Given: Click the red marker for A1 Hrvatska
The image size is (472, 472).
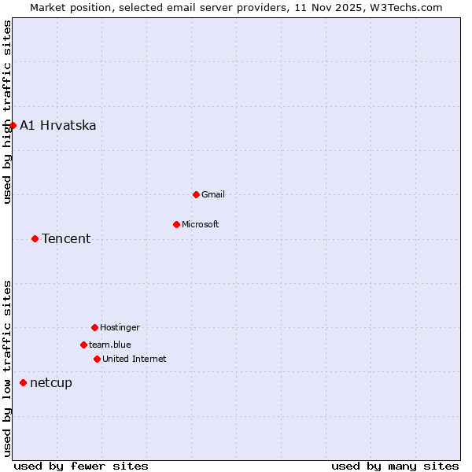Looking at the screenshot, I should [13, 125].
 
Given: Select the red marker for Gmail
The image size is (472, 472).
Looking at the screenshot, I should [196, 194].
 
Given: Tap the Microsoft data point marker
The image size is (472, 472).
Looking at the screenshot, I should [176, 224].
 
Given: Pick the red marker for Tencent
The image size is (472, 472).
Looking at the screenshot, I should [35, 238].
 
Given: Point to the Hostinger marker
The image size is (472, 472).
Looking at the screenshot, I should [94, 327].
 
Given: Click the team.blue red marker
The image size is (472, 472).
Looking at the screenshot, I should [83, 345].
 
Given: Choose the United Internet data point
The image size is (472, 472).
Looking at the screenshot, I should [97, 359].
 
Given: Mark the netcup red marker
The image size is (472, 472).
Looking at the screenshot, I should [23, 382].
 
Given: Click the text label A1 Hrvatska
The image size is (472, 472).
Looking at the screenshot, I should [58, 125].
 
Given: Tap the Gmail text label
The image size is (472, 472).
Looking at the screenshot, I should [213, 194].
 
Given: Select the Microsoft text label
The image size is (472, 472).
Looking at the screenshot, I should [201, 224].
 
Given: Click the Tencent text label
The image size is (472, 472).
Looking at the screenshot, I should [66, 238].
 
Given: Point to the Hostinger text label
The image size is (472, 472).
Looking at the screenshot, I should [120, 327].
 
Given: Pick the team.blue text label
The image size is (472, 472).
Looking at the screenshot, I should [110, 345].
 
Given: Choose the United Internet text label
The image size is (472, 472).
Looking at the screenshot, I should [135, 359].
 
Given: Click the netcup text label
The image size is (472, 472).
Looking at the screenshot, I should [51, 382].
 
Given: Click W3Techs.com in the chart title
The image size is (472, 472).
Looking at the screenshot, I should [407, 7].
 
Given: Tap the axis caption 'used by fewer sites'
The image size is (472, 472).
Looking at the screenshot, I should [81, 466].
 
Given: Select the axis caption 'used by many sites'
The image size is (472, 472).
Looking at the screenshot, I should [395, 466].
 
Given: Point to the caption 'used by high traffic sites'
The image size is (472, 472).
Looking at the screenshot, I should [7, 112].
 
